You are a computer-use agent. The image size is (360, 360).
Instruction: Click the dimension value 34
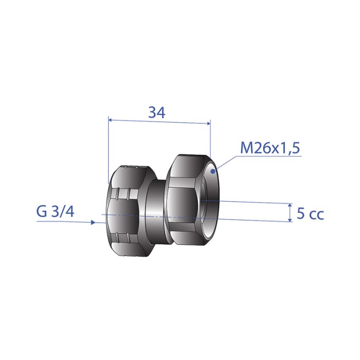(157, 113)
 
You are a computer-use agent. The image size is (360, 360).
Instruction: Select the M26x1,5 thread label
(270, 148)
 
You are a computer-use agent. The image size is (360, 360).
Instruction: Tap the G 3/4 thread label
(56, 211)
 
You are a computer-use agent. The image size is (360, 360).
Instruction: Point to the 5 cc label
(310, 213)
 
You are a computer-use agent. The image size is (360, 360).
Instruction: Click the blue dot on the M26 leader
(213, 171)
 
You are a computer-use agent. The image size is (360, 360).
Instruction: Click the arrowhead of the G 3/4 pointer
(93, 222)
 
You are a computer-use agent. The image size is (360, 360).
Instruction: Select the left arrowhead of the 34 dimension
(110, 120)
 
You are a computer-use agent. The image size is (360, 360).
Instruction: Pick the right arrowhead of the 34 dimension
(208, 123)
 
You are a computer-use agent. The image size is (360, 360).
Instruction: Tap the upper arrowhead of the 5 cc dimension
(291, 205)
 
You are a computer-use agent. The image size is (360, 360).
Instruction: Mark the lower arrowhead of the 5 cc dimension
(291, 220)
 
